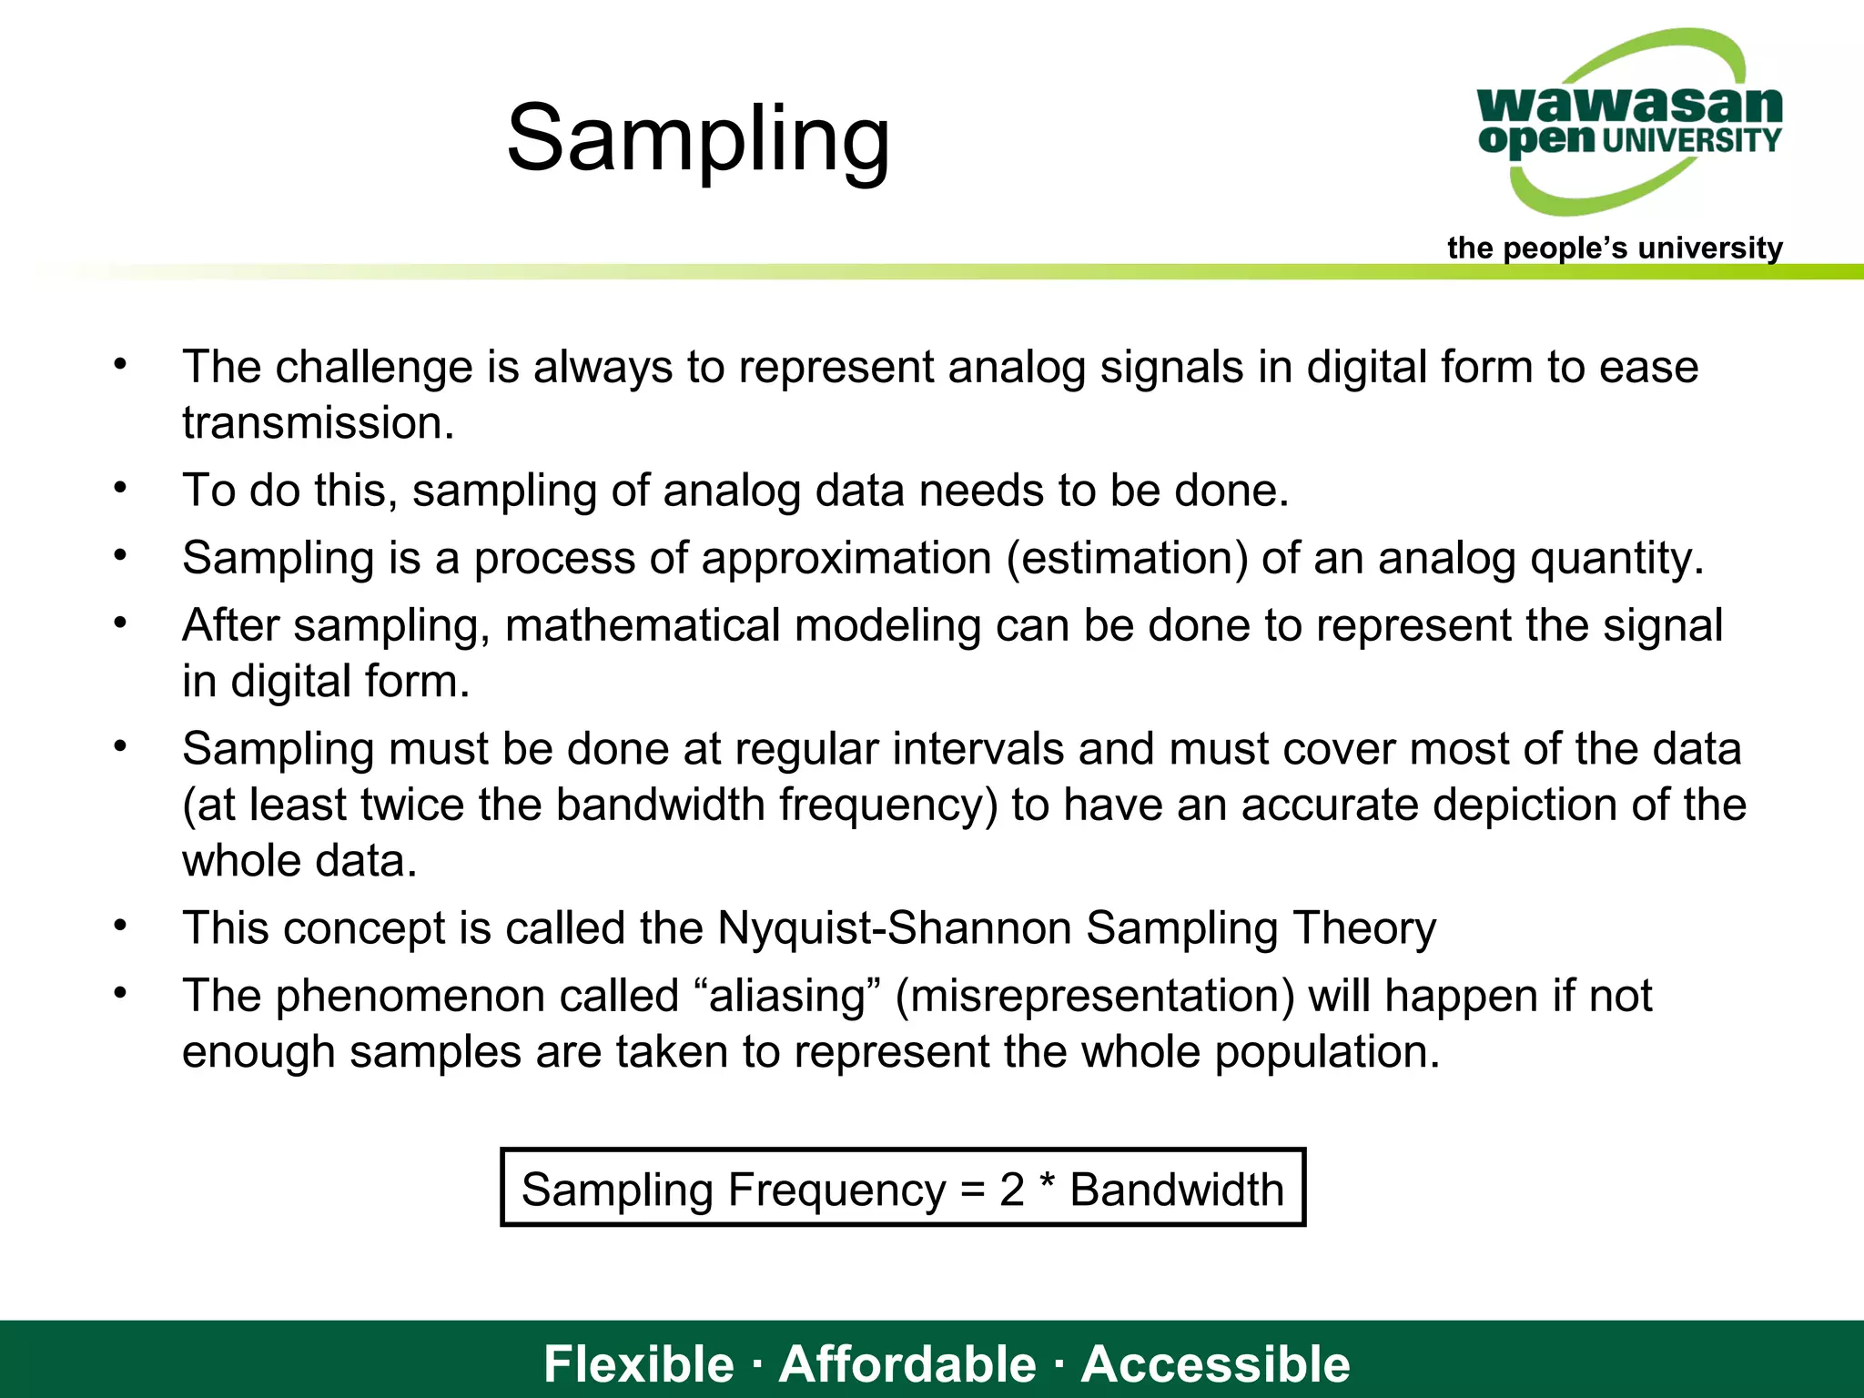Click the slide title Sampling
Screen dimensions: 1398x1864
click(698, 138)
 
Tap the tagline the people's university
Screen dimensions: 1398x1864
click(1615, 248)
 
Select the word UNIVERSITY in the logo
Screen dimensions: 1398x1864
click(1691, 140)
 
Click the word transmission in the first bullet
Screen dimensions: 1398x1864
click(317, 423)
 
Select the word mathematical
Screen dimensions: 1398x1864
click(643, 625)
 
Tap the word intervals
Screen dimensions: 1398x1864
click(978, 749)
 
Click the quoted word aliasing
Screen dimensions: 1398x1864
click(787, 996)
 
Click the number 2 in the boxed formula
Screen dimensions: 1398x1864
click(1011, 1190)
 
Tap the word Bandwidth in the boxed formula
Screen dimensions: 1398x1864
click(1176, 1190)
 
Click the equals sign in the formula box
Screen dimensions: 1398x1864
click(972, 1190)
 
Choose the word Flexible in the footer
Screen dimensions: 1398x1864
click(638, 1363)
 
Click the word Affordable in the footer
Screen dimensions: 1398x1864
click(907, 1363)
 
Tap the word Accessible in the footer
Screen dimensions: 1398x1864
click(1215, 1363)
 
